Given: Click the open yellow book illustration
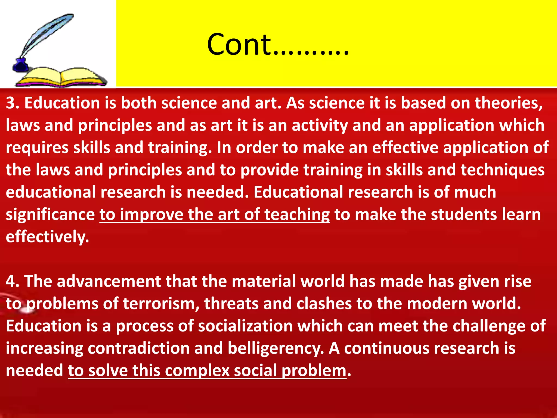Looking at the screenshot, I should (61, 78).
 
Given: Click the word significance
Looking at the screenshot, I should (50, 215).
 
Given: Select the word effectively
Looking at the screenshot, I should (47, 237).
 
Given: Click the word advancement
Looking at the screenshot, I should (109, 281).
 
